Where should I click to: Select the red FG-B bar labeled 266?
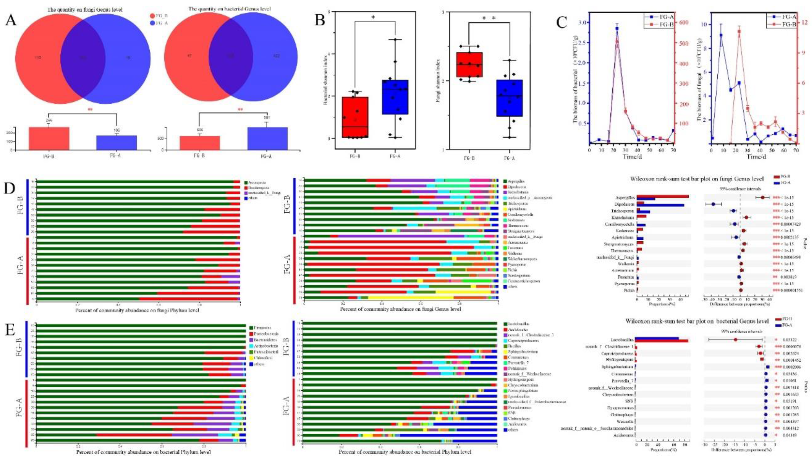click(49, 138)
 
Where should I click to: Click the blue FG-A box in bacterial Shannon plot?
click(395, 97)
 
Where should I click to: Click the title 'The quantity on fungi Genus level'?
click(85, 10)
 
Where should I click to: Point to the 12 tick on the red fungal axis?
click(804, 23)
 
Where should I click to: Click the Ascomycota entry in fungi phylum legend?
click(257, 183)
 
